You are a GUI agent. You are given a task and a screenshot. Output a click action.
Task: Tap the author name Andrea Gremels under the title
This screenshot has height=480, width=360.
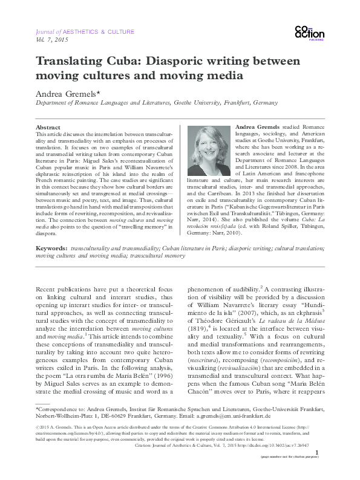70,95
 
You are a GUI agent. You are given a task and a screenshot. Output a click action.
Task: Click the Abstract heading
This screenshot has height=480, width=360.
48,128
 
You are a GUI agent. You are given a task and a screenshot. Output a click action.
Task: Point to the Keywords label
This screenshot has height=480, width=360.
53,265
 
